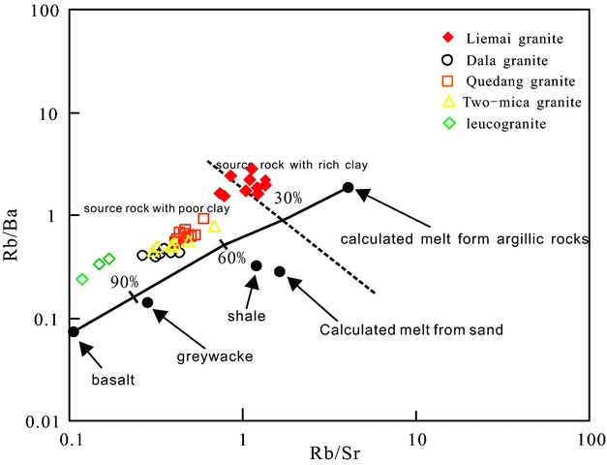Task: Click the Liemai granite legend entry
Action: pyautogui.click(x=508, y=38)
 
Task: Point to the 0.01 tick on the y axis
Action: pyautogui.click(x=46, y=421)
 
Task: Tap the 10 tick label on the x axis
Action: pyautogui.click(x=415, y=439)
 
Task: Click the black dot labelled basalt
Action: pyautogui.click(x=74, y=331)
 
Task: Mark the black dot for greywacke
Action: pyautogui.click(x=147, y=302)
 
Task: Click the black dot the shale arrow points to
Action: pyautogui.click(x=257, y=265)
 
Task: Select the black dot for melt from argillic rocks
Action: pyautogui.click(x=349, y=187)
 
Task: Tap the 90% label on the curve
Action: pyautogui.click(x=124, y=282)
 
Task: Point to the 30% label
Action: pyautogui.click(x=288, y=198)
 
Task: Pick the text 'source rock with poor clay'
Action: pyautogui.click(x=157, y=209)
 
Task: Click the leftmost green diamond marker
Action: pyautogui.click(x=82, y=279)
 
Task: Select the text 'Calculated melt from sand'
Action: pyautogui.click(x=411, y=329)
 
